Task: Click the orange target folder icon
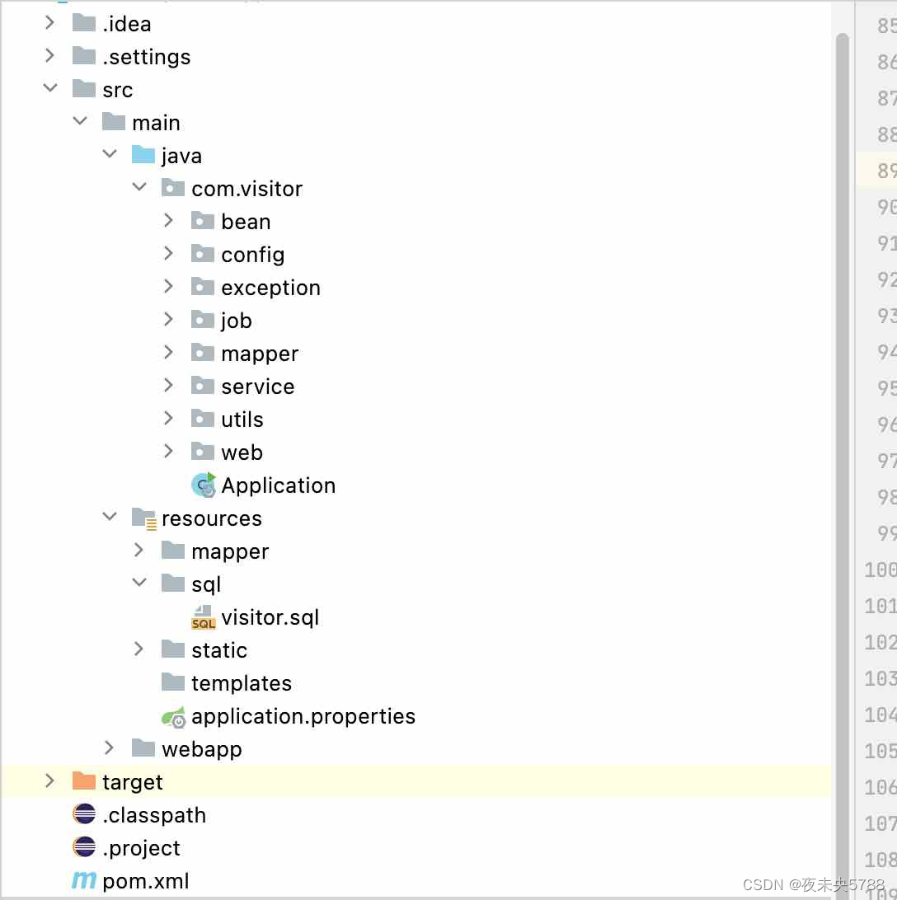point(84,781)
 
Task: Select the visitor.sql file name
point(270,617)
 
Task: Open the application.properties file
point(303,716)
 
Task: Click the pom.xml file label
point(146,881)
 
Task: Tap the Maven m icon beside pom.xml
point(84,880)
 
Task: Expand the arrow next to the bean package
point(168,220)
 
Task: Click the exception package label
point(271,288)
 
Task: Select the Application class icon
point(204,485)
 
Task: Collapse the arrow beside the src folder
point(50,88)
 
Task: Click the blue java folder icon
point(143,154)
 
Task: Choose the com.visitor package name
point(247,189)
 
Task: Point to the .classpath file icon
point(84,814)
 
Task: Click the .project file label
point(141,848)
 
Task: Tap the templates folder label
point(242,683)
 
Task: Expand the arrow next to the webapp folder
point(109,748)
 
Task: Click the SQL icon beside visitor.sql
point(204,617)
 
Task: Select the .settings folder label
point(147,57)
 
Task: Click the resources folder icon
point(144,518)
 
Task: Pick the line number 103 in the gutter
point(881,679)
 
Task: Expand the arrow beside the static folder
point(139,649)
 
